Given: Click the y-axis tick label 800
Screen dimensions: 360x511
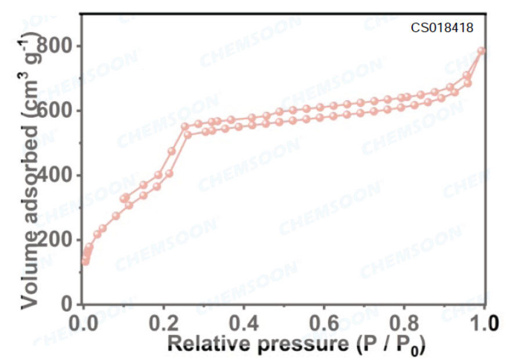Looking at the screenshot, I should click(59, 46).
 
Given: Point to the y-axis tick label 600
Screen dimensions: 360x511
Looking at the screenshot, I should click(59, 110).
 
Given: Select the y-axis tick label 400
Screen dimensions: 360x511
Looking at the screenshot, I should click(59, 175).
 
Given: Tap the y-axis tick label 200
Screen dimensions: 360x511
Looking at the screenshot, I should click(59, 240).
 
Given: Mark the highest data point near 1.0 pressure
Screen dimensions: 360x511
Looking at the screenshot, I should click(481, 51).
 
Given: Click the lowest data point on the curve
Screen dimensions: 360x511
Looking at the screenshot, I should click(85, 261).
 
